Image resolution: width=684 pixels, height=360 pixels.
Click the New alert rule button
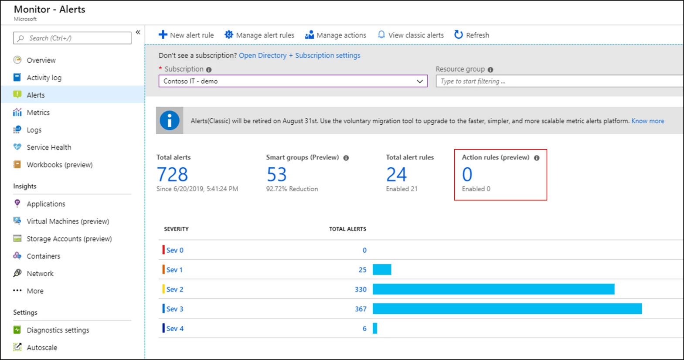click(x=186, y=35)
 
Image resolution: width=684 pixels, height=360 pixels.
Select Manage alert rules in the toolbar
click(x=259, y=35)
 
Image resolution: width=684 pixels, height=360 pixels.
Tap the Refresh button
click(x=472, y=35)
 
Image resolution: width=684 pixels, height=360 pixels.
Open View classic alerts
click(x=411, y=35)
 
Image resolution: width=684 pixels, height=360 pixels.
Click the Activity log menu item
click(x=44, y=78)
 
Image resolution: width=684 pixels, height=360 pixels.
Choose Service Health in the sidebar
click(x=48, y=147)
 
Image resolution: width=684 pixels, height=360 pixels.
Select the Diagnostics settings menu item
click(x=58, y=330)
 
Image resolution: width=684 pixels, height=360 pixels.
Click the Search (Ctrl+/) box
click(x=72, y=38)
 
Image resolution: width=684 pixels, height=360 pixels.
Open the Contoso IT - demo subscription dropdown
click(x=293, y=81)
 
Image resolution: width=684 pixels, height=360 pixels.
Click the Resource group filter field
click(x=558, y=81)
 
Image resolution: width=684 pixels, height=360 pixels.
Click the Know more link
click(x=647, y=121)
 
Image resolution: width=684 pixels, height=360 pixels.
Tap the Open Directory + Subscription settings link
click(x=299, y=55)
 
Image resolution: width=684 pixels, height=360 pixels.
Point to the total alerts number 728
click(x=172, y=175)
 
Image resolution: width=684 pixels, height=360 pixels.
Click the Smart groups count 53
click(x=276, y=175)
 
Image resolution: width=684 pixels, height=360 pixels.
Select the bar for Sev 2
click(x=493, y=289)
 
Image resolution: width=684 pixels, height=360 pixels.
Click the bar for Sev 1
click(x=382, y=270)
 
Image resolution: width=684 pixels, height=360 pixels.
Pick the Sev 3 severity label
click(x=174, y=309)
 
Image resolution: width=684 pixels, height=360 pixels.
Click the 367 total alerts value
click(x=361, y=309)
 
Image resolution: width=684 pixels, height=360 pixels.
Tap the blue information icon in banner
click(x=170, y=121)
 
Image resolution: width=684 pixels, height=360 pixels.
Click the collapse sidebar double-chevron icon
click(x=138, y=32)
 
